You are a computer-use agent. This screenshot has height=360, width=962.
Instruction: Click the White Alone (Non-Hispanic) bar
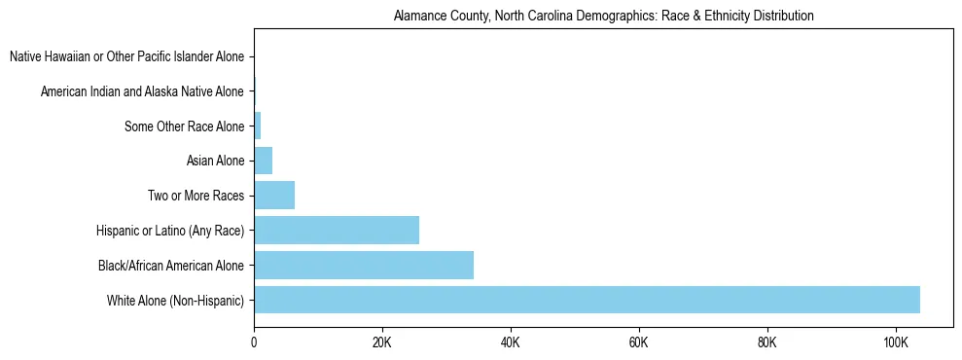pyautogui.click(x=587, y=300)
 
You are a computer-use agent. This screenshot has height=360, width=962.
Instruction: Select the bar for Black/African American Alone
pyautogui.click(x=364, y=265)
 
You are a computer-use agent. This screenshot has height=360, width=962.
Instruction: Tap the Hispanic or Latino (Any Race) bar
pyautogui.click(x=337, y=231)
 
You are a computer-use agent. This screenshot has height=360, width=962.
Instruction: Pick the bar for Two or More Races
pyautogui.click(x=274, y=196)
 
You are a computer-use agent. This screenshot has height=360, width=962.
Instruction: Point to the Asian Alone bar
pyautogui.click(x=264, y=161)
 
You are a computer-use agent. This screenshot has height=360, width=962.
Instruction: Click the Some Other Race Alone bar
pyautogui.click(x=258, y=126)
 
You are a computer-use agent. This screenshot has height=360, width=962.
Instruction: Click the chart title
pyautogui.click(x=603, y=17)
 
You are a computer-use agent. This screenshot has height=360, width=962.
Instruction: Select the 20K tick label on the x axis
pyautogui.click(x=382, y=343)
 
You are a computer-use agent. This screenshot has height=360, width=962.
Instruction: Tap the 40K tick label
pyautogui.click(x=511, y=343)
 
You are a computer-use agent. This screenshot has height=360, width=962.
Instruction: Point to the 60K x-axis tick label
pyautogui.click(x=639, y=343)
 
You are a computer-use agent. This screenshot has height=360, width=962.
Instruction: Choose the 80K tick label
pyautogui.click(x=766, y=343)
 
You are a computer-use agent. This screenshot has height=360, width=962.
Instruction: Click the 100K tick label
pyautogui.click(x=895, y=343)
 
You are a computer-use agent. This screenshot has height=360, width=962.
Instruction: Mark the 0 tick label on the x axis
pyautogui.click(x=254, y=343)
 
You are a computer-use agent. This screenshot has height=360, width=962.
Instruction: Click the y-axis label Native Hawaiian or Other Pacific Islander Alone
pyautogui.click(x=126, y=57)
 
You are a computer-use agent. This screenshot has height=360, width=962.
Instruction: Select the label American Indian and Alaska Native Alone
pyautogui.click(x=142, y=91)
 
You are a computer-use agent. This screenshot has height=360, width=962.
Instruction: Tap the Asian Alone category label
pyautogui.click(x=215, y=161)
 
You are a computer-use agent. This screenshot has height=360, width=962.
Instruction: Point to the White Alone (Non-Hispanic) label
pyautogui.click(x=176, y=300)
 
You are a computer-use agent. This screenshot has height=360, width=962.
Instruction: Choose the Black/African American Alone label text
pyautogui.click(x=171, y=265)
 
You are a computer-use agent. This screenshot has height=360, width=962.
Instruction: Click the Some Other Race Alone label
pyautogui.click(x=185, y=126)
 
